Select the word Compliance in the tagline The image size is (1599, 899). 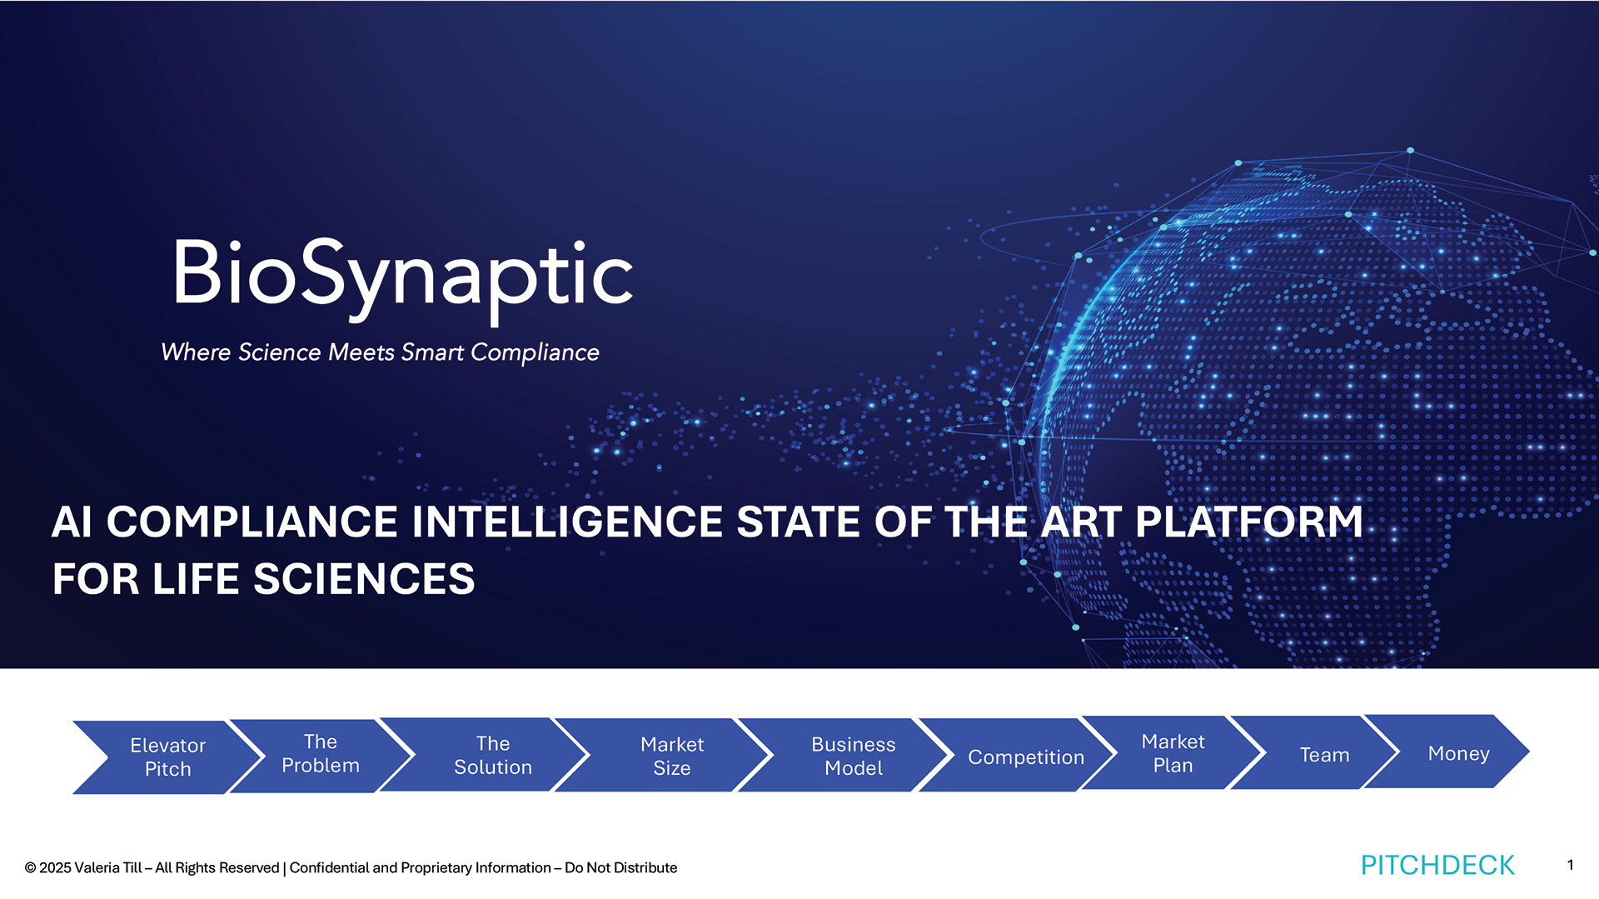pyautogui.click(x=535, y=353)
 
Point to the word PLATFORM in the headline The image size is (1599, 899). pyautogui.click(x=1248, y=522)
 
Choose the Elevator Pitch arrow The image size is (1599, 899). pyautogui.click(x=167, y=757)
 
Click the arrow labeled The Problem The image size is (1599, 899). pyautogui.click(x=321, y=755)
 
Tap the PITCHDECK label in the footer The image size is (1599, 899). pyautogui.click(x=1437, y=866)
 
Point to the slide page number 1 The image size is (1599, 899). pyautogui.click(x=1570, y=865)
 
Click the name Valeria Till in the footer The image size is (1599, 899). pyautogui.click(x=108, y=868)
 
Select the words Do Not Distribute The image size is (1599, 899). pyautogui.click(x=621, y=868)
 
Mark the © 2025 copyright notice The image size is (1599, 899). pyautogui.click(x=48, y=868)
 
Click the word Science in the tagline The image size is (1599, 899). pyautogui.click(x=279, y=352)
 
